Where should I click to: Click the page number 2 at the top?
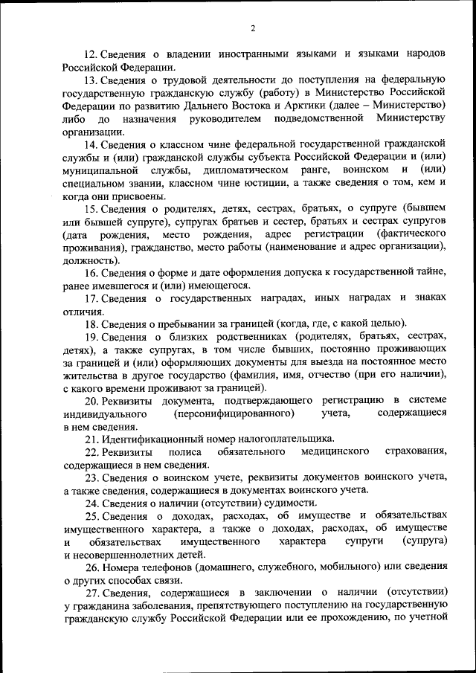click(252, 28)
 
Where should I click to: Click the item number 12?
click(89, 55)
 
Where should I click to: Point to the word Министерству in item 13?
click(411, 119)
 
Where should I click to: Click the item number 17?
click(91, 298)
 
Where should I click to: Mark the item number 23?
click(91, 477)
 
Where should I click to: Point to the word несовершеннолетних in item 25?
click(122, 555)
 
